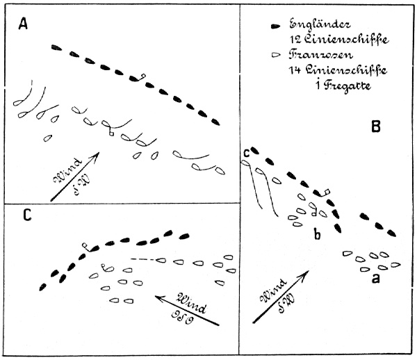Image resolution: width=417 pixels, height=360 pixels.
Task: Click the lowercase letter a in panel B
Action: (376, 279)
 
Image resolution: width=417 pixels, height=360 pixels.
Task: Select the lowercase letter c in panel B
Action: (246, 153)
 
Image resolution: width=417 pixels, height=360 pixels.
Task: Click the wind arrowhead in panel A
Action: (97, 156)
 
